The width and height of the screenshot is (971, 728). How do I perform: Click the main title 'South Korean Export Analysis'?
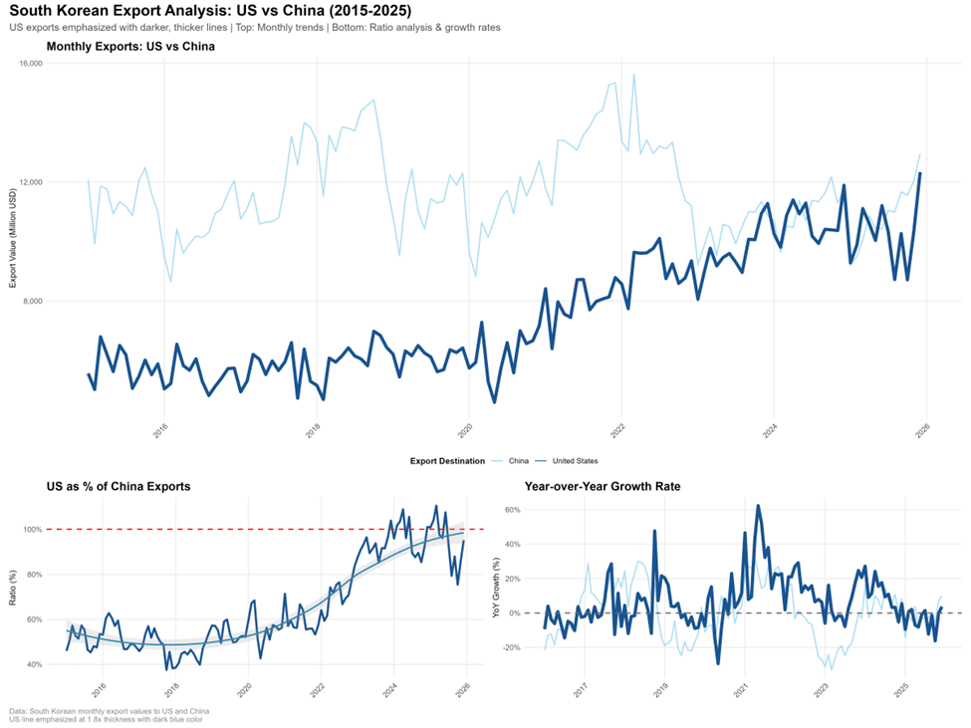click(x=209, y=10)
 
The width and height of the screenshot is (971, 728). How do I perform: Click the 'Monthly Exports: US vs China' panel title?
click(x=130, y=46)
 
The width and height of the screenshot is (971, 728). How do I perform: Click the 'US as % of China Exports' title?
click(x=119, y=487)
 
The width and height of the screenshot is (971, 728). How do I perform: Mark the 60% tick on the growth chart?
click(x=514, y=510)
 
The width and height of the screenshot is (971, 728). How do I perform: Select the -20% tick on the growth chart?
click(x=512, y=647)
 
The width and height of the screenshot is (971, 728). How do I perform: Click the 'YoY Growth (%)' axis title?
click(x=497, y=588)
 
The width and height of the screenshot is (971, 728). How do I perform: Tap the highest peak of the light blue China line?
click(x=633, y=75)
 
